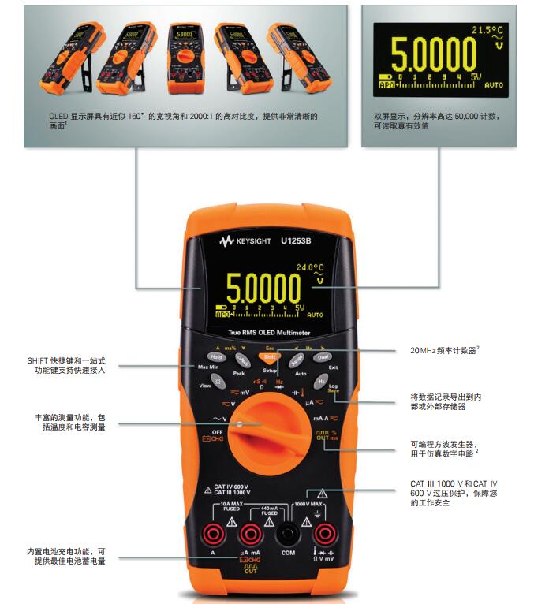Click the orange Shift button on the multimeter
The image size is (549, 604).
tap(270, 357)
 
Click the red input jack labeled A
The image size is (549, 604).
tap(212, 535)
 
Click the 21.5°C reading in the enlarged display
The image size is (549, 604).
tap(487, 30)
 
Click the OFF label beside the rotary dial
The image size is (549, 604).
tap(212, 432)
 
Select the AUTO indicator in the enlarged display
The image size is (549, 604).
tap(494, 84)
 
